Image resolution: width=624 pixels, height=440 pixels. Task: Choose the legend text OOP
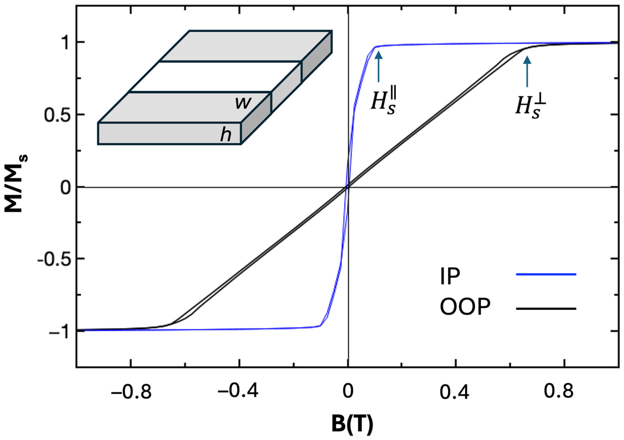465,307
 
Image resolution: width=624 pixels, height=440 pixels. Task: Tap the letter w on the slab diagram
243,103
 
